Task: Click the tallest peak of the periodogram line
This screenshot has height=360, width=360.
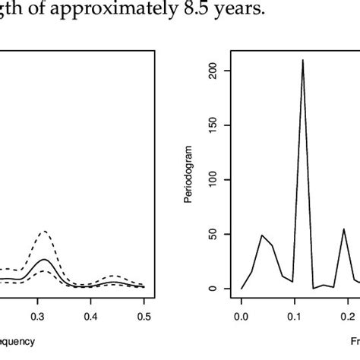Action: click(x=303, y=60)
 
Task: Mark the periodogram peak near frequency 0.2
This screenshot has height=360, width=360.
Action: click(x=344, y=229)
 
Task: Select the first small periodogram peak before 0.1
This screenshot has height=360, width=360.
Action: click(x=262, y=235)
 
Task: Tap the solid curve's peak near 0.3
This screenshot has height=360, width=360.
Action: click(x=45, y=259)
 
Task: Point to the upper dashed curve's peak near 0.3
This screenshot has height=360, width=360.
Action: click(x=44, y=232)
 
